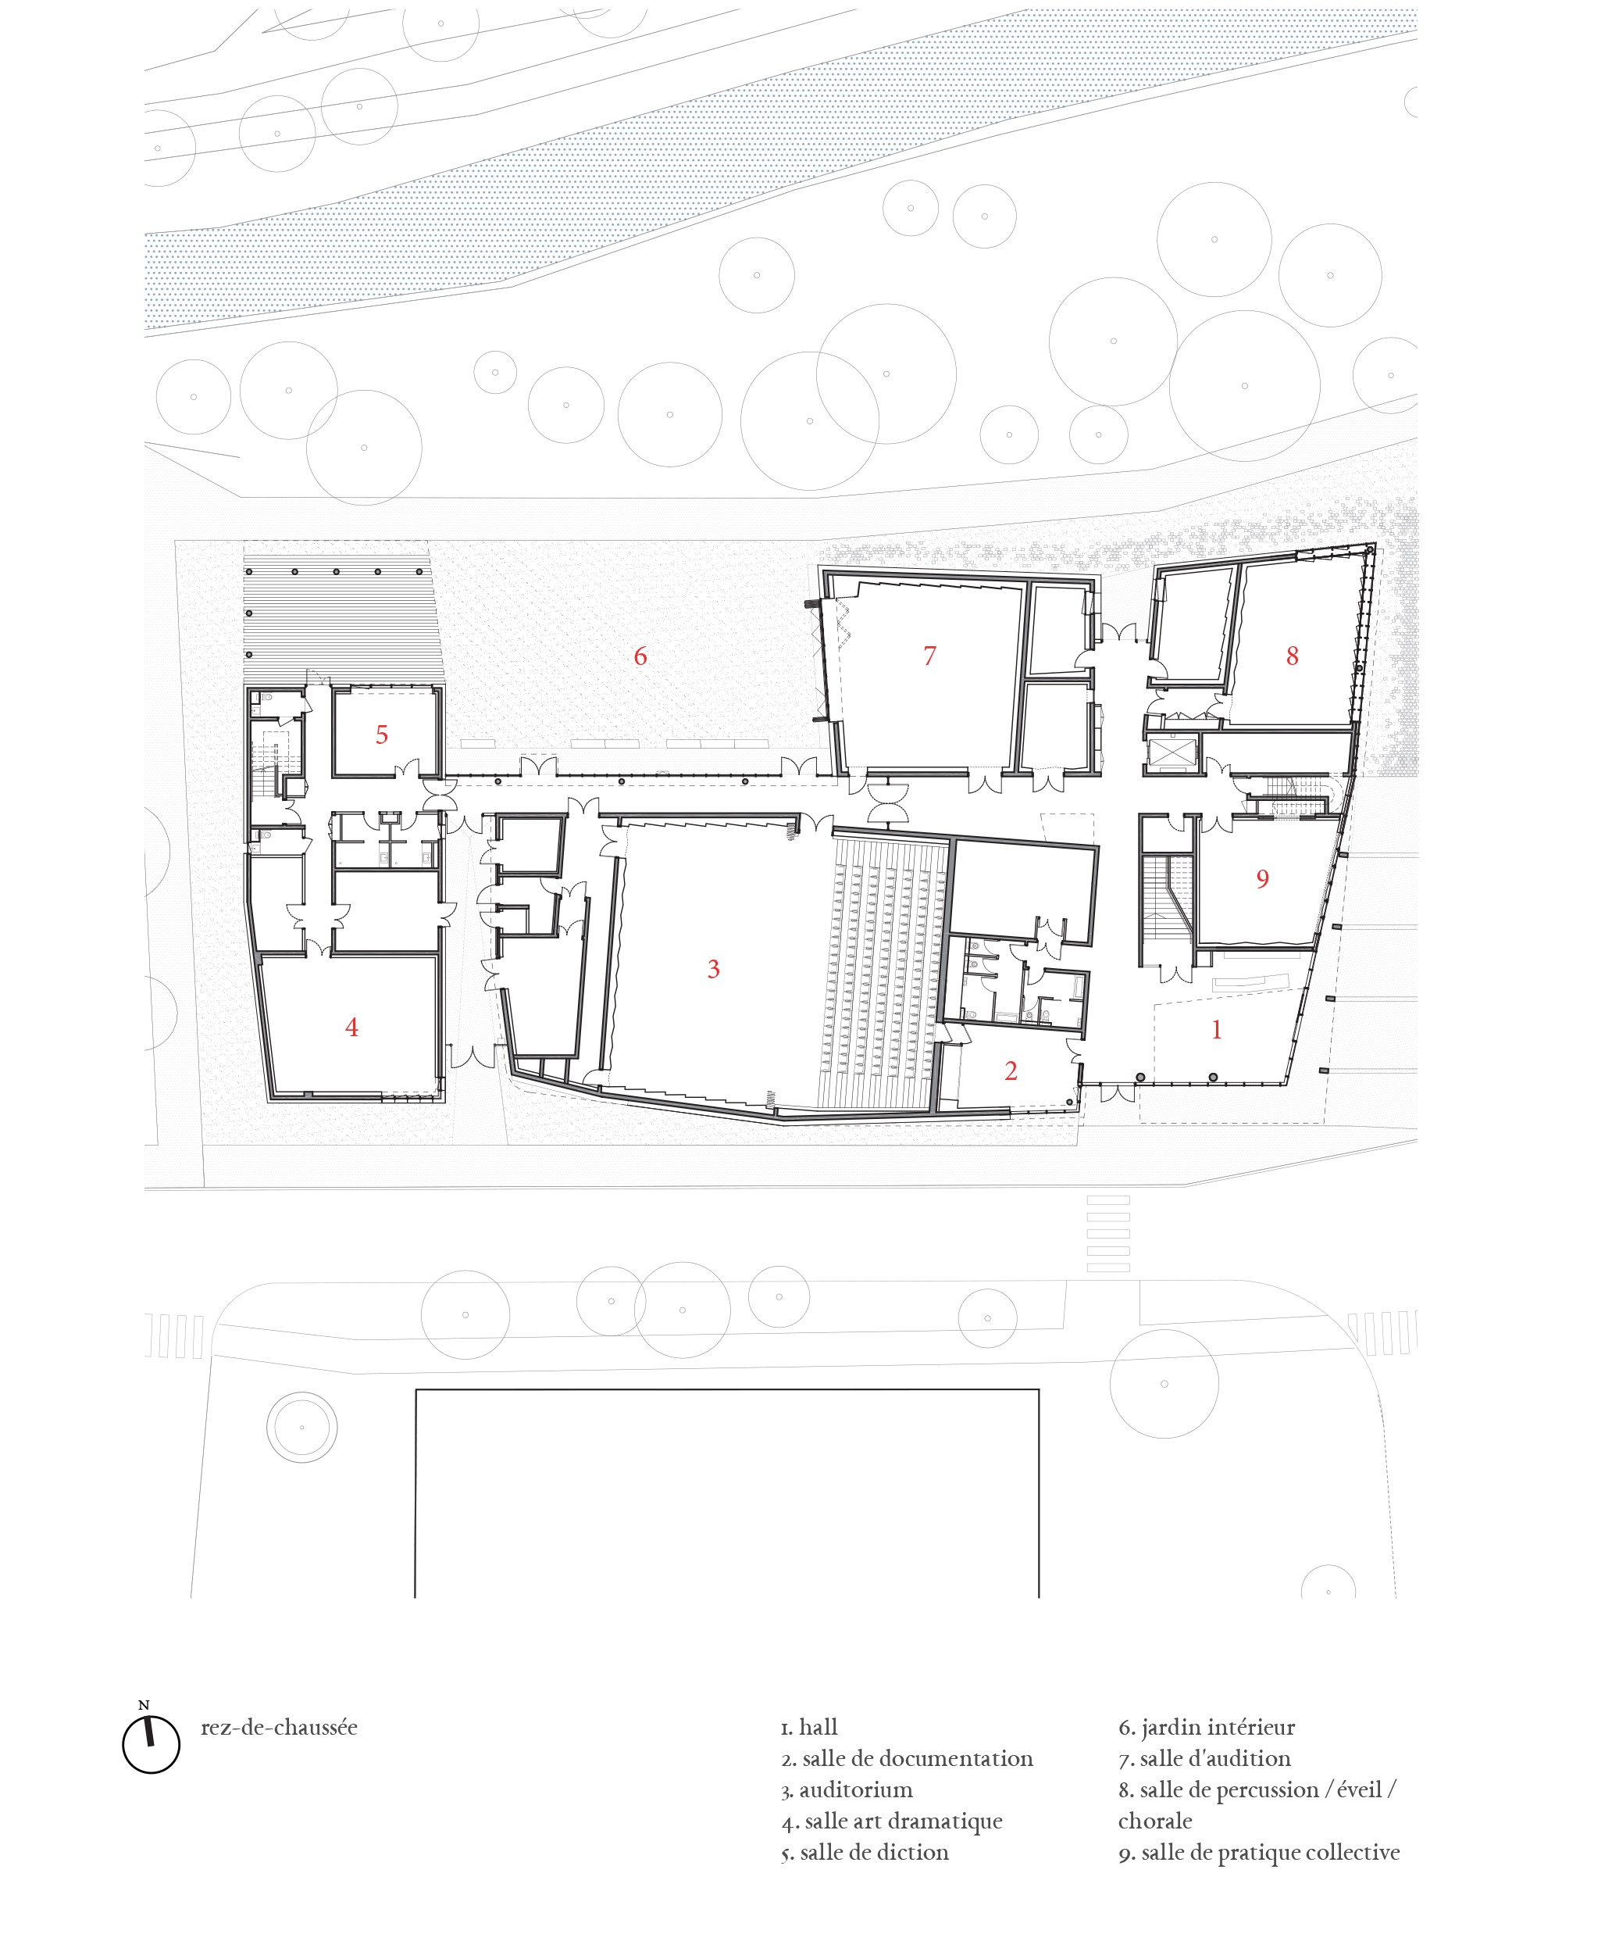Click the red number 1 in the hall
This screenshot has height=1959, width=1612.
pos(1217,1029)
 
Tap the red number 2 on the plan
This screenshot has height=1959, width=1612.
pos(1011,1071)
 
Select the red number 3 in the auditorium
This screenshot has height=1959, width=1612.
pos(713,969)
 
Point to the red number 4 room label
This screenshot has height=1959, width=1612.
pos(351,1028)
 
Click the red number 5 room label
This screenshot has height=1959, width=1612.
pos(382,735)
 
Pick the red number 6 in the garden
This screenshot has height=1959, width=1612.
pos(640,656)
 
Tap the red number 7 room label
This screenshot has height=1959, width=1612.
pos(929,656)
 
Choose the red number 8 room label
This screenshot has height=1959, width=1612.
pos(1292,656)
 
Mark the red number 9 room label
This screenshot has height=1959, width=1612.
pos(1262,879)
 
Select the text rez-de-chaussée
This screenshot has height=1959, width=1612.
pos(279,1728)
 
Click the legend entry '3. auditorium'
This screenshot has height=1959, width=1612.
pos(846,1790)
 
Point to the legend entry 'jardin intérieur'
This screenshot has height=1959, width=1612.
pos(1218,1728)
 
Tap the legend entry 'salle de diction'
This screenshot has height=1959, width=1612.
pos(874,1852)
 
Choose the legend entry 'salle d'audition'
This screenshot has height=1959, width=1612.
pos(1214,1758)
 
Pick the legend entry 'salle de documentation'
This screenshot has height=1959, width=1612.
pos(918,1758)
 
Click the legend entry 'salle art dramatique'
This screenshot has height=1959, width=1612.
pos(903,1821)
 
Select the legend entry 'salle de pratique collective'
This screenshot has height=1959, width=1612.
pos(1269,1852)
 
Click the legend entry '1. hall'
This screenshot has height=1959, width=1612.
pos(809,1728)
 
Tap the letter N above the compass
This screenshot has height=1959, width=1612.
pos(143,1705)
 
